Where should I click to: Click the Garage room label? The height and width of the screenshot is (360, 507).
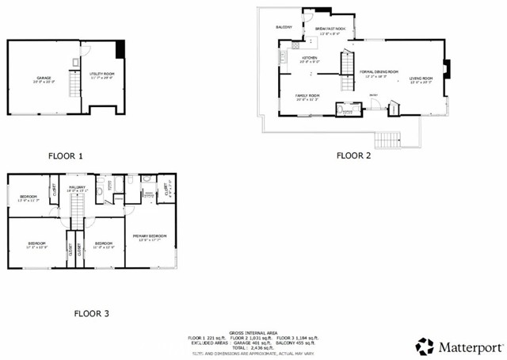point(37,79)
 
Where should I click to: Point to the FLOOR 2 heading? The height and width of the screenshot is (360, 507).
point(353,155)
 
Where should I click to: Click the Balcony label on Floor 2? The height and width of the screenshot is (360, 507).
point(284,27)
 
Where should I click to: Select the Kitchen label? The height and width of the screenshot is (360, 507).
point(309,58)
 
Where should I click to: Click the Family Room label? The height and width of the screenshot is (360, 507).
point(307,97)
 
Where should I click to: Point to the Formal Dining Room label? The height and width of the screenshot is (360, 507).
point(379,72)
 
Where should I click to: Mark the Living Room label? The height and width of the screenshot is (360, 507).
point(421,79)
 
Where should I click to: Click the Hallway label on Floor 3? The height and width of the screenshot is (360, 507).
point(76,187)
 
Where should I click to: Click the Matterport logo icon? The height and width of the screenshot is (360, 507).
point(425,346)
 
